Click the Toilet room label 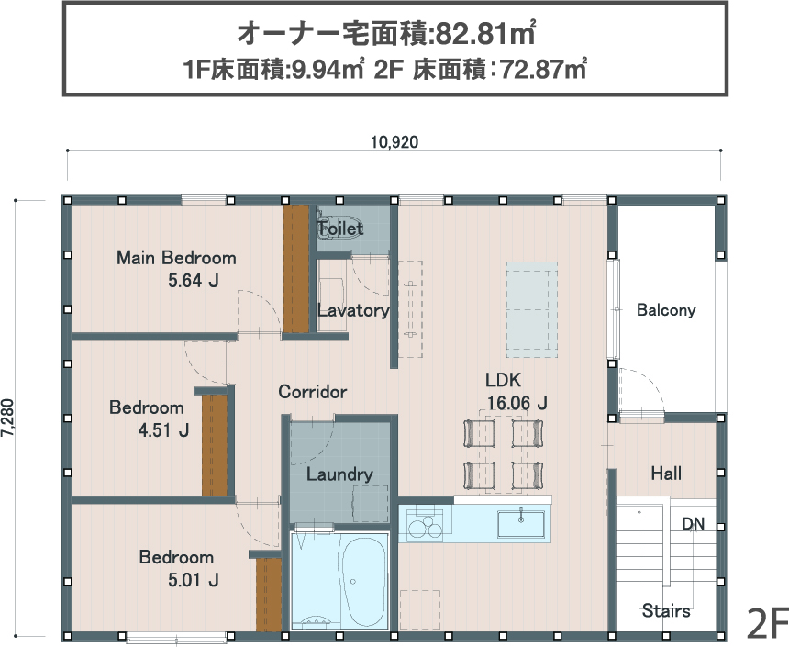[x=340, y=229]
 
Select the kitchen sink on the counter [x=521, y=524]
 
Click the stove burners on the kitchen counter [x=425, y=525]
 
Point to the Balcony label [x=666, y=309]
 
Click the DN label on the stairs [x=693, y=524]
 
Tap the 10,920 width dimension [x=394, y=142]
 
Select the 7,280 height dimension [x=7, y=418]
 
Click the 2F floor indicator [x=767, y=623]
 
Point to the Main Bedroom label [x=176, y=258]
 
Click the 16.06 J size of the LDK [x=517, y=403]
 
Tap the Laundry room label [x=339, y=474]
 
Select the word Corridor [x=313, y=392]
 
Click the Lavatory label [x=353, y=310]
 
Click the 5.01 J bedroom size [x=194, y=580]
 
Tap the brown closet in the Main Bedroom [x=295, y=268]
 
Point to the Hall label [x=666, y=474]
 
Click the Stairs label [x=666, y=610]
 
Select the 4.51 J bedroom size [x=163, y=430]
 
